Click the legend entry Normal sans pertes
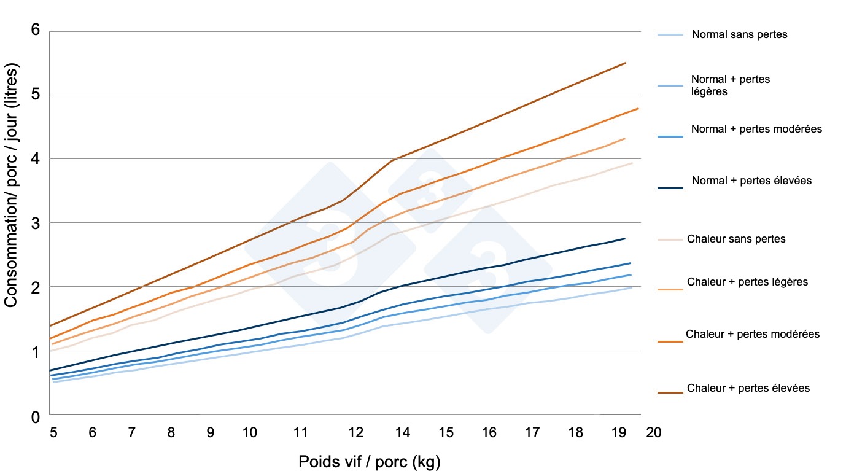(x=739, y=35)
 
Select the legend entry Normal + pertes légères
(x=730, y=85)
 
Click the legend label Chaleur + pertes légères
(x=747, y=282)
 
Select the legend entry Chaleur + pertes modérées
(x=753, y=334)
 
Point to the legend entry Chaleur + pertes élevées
(x=748, y=388)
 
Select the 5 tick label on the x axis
(x=53, y=432)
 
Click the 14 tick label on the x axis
(x=402, y=432)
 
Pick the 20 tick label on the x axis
(x=653, y=432)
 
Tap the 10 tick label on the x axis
(x=249, y=432)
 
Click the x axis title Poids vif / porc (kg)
(x=369, y=461)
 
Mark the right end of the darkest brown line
(x=625, y=63)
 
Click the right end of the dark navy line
(x=625, y=238)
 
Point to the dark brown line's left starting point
(x=50, y=325)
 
